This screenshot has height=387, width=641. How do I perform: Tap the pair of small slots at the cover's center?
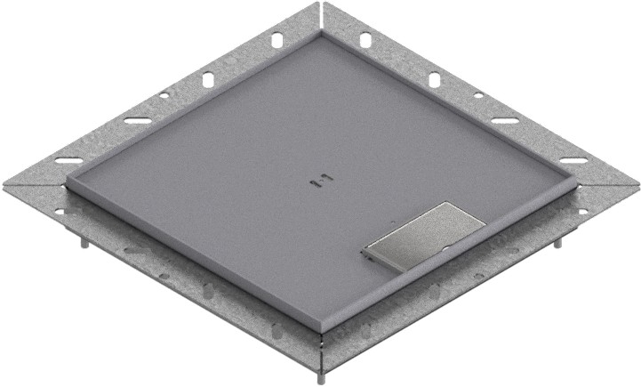point(317,181)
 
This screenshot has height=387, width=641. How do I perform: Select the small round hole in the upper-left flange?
point(164,96)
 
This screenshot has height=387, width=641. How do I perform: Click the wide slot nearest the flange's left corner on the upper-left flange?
point(68,160)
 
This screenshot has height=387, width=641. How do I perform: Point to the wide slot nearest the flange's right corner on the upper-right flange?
point(573,160)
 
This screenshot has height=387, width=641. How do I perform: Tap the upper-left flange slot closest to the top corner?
point(276,40)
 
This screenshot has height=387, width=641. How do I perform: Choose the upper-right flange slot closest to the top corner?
point(365,40)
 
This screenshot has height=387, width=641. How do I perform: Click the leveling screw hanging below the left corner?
point(82,243)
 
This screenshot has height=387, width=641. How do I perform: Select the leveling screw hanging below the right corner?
point(561,243)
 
